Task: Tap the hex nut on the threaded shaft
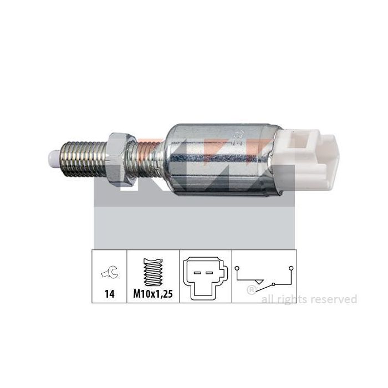[121, 160]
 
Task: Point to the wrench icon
[110, 272]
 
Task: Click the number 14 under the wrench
[110, 294]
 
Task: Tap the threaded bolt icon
[153, 272]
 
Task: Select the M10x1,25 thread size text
[153, 294]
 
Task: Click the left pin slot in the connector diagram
[197, 273]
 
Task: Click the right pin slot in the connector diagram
[210, 273]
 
